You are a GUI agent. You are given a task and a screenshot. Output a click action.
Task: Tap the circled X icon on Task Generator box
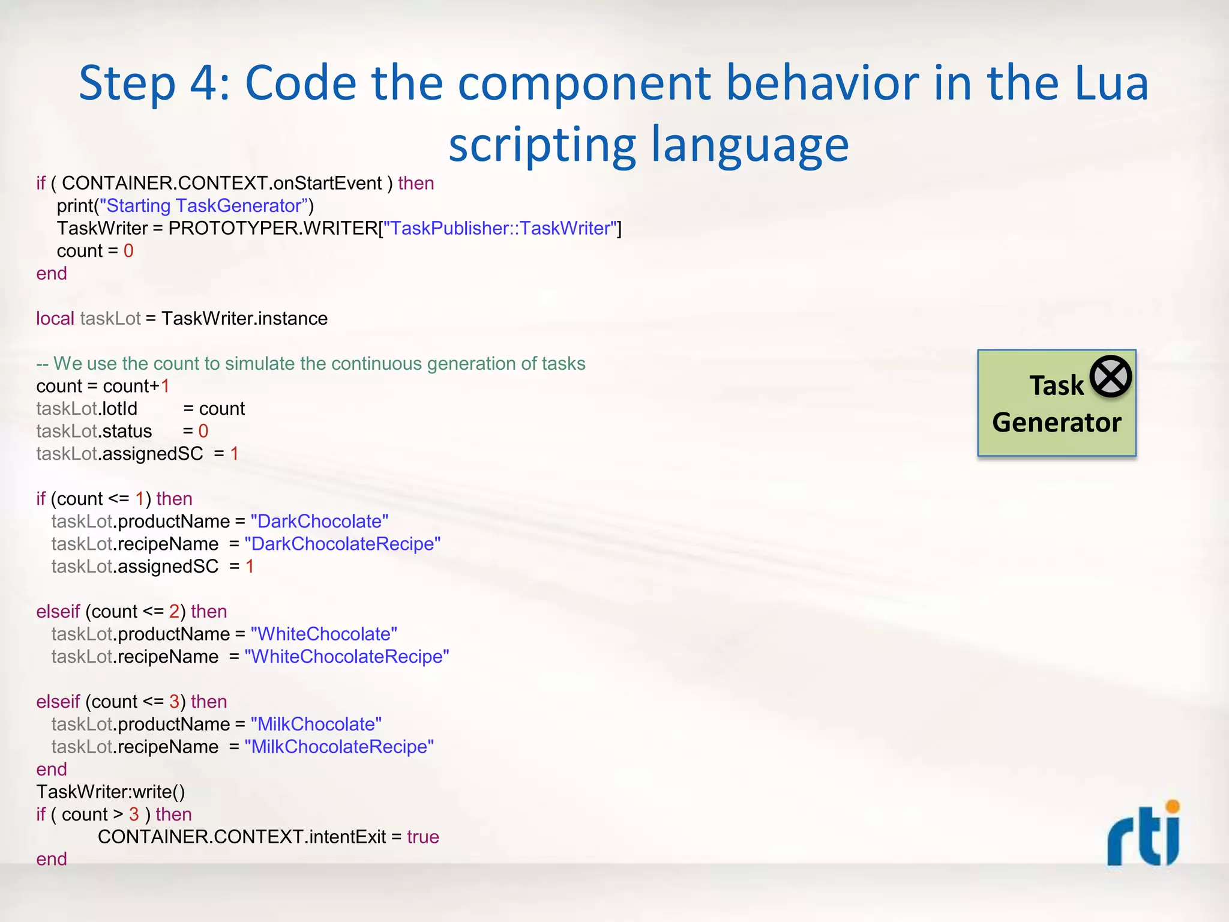[1110, 376]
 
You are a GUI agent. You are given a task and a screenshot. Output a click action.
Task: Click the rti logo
[1143, 834]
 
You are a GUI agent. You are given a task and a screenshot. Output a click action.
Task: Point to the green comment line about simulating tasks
[311, 363]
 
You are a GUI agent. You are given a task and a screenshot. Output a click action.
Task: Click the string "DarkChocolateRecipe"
[342, 544]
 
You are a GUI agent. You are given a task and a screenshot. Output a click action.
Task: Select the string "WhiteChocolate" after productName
[323, 634]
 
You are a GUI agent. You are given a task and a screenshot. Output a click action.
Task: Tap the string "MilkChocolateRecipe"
[339, 747]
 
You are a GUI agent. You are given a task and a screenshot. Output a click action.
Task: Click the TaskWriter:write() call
[110, 792]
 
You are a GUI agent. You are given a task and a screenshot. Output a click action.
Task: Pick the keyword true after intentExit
[422, 837]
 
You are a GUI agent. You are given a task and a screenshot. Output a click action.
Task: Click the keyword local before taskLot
[55, 318]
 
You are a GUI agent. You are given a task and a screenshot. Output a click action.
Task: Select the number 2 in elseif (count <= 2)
[174, 611]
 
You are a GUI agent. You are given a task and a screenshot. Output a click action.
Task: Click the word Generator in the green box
[1056, 423]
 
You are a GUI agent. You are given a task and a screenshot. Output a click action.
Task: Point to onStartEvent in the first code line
[327, 183]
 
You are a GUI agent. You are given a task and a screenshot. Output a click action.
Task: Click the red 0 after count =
[128, 251]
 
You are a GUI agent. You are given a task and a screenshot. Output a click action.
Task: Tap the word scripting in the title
[542, 145]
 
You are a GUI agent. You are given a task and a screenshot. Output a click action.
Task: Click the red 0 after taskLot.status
[203, 431]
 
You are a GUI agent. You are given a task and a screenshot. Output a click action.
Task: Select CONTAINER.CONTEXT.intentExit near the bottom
[242, 837]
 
